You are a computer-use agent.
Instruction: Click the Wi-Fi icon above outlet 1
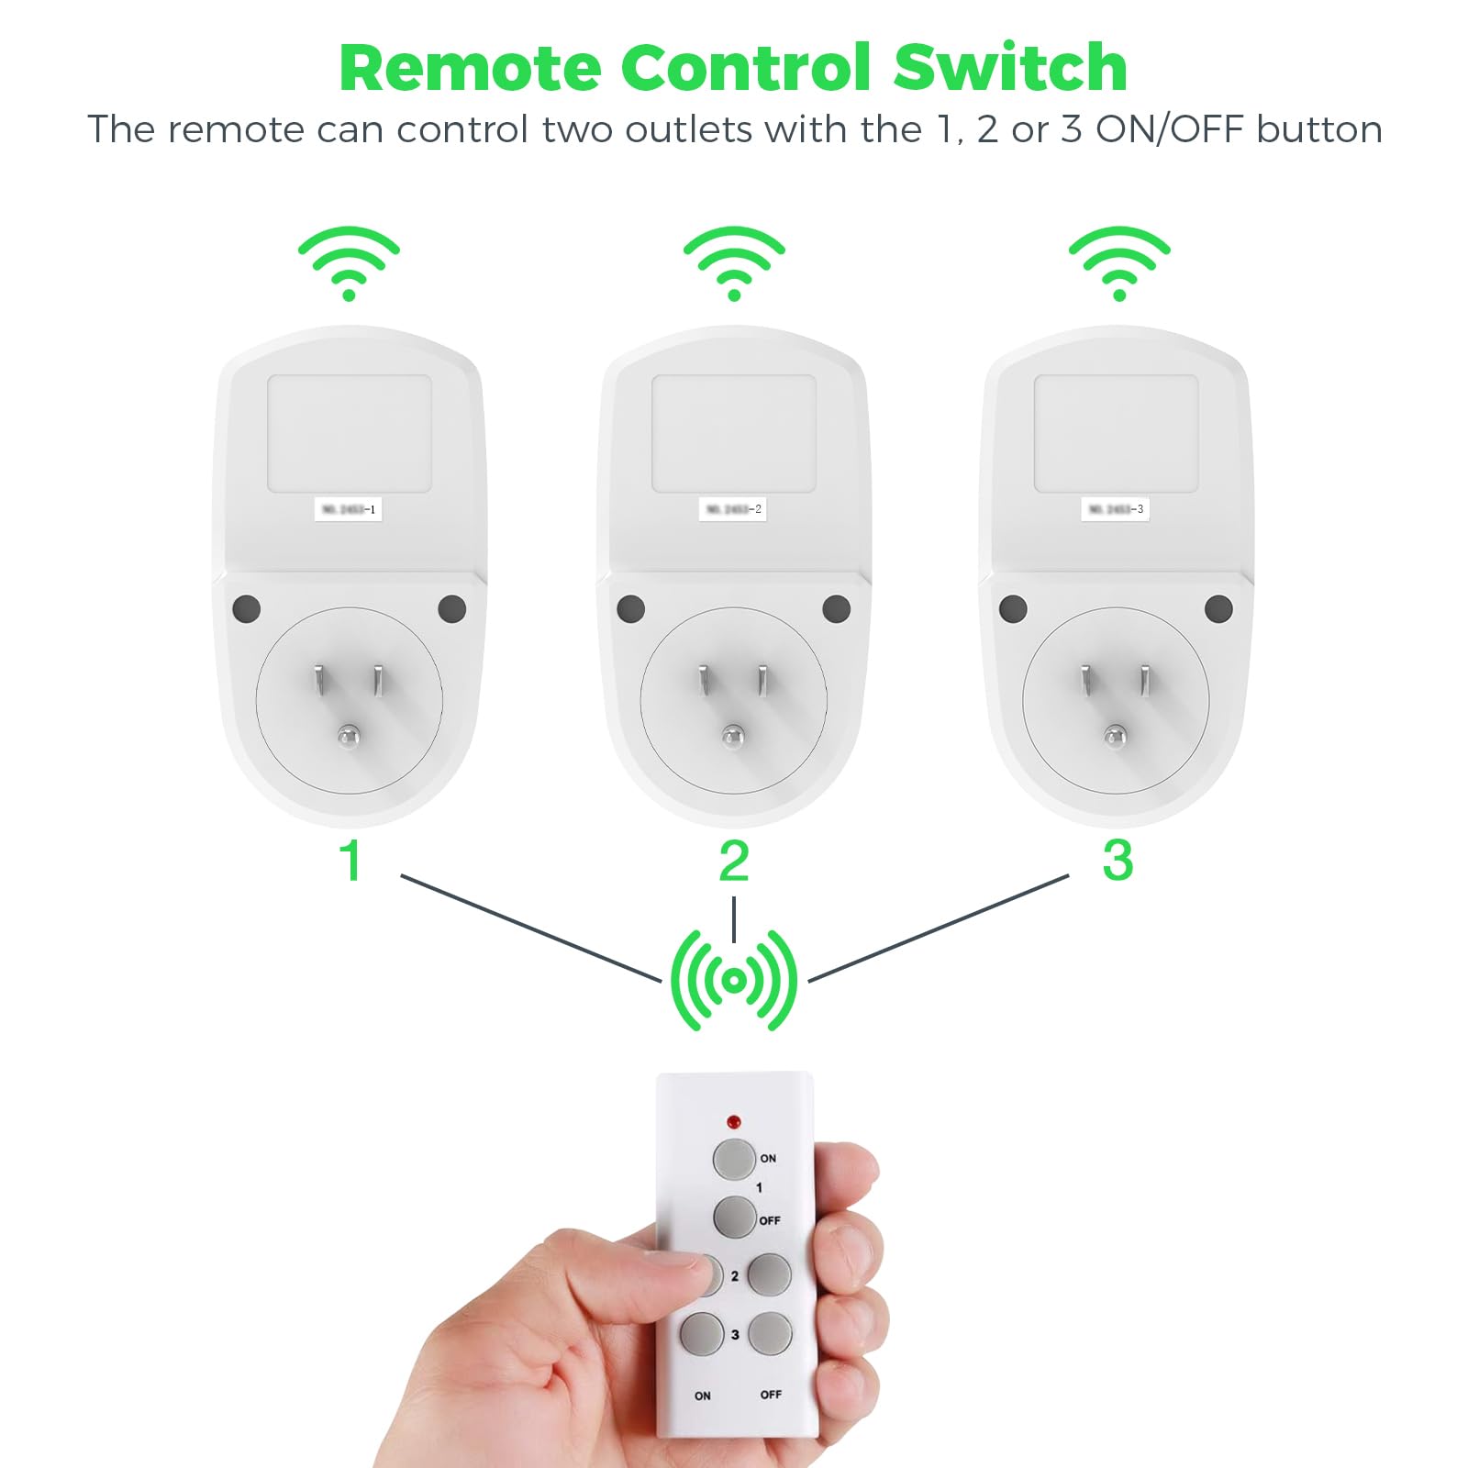point(349,262)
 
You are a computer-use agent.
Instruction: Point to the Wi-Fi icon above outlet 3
point(1119,262)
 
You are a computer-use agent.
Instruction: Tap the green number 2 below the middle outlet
point(734,862)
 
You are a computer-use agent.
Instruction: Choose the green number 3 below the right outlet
point(1118,862)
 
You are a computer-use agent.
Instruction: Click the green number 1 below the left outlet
point(350,862)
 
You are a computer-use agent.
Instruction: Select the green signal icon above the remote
point(734,981)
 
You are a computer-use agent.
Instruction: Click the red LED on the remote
point(733,1121)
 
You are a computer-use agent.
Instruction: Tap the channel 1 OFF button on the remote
point(734,1218)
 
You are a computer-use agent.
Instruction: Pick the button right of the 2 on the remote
point(769,1274)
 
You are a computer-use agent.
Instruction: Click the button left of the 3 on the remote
point(702,1334)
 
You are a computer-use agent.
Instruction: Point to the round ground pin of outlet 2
point(733,735)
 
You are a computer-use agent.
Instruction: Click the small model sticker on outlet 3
point(1115,509)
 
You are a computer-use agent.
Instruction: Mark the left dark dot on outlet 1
point(247,608)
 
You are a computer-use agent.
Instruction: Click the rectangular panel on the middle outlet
point(734,433)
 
